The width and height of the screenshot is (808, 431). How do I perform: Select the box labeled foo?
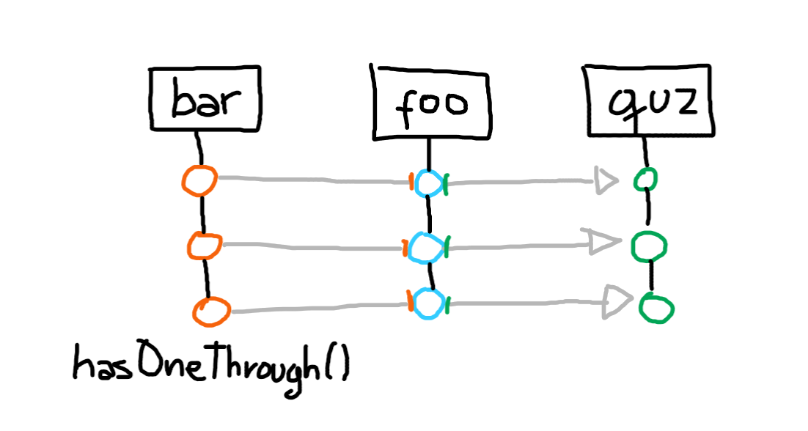(x=430, y=103)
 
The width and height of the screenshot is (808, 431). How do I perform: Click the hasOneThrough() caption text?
(x=210, y=362)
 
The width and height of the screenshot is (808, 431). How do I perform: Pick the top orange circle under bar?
(x=199, y=180)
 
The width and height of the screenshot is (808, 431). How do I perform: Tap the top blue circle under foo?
(x=427, y=183)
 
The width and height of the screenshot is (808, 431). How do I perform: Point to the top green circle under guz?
(x=645, y=180)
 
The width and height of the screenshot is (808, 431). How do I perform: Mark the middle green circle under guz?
(x=650, y=245)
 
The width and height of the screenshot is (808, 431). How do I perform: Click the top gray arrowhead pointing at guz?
(x=606, y=180)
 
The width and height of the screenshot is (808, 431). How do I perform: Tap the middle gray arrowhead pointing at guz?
(x=603, y=243)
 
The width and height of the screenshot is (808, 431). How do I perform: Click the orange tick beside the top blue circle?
(x=412, y=181)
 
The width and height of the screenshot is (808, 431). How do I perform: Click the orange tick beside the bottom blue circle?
(x=409, y=301)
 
